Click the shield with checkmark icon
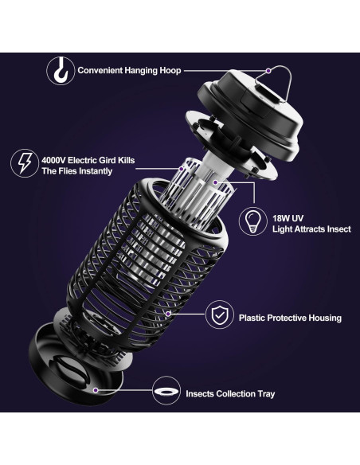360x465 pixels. tap(217, 317)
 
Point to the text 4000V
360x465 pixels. tap(55, 160)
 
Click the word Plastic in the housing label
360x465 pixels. tap(255, 318)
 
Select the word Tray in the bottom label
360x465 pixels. tap(264, 393)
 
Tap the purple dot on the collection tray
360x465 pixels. tap(96, 391)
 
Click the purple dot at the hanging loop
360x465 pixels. tap(267, 70)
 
